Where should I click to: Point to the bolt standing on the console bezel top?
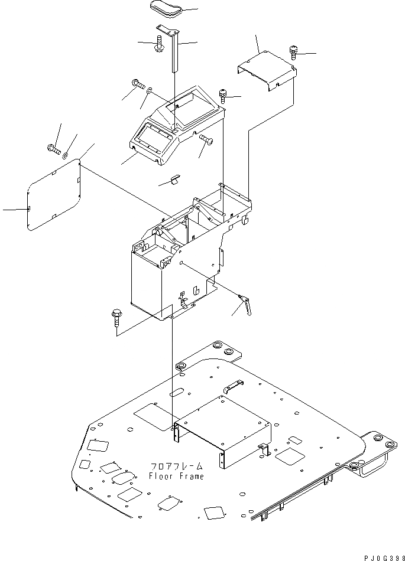tap(223, 94)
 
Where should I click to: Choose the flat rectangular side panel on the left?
tap(54, 193)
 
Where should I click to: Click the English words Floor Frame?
tap(176, 477)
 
